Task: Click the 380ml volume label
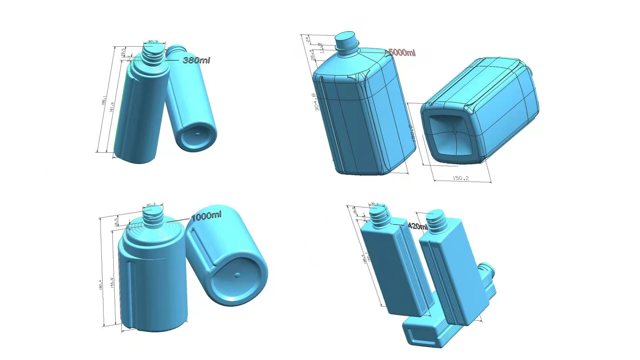coord(196,60)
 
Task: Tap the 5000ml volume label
coord(402,52)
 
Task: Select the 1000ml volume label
coord(206,216)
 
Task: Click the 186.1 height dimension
coord(104,100)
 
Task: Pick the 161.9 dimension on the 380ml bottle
coord(112,107)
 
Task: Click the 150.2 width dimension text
coord(461,178)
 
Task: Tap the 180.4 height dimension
coord(101,284)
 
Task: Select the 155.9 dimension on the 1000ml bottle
coord(112,283)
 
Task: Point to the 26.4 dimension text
coord(312,55)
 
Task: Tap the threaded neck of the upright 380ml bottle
coord(153,53)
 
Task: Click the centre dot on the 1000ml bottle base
coord(237,275)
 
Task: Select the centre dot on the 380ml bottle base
coord(197,134)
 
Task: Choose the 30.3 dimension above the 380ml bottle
coord(153,42)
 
